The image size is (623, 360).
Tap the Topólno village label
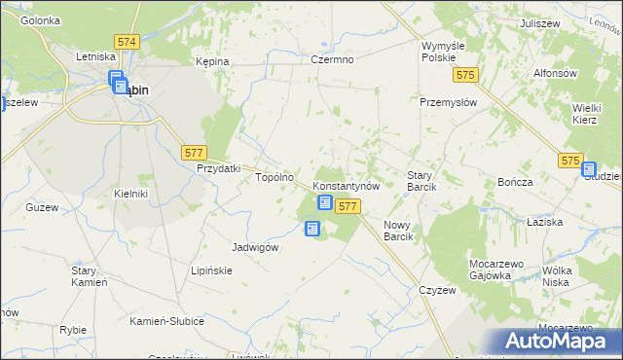[x=274, y=178]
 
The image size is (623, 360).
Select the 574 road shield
[x=127, y=43]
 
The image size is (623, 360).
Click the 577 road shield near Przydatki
[x=194, y=152]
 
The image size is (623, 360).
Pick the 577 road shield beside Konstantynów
[x=348, y=206]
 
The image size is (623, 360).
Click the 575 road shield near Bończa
[x=570, y=160]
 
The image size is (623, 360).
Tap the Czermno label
[x=332, y=59]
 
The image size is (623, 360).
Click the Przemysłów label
[x=448, y=101]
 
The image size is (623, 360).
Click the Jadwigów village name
[x=255, y=247]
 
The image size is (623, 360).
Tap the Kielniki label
[x=130, y=194]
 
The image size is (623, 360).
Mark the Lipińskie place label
[x=211, y=270]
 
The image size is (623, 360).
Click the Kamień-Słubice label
[x=166, y=320]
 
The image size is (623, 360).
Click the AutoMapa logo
[x=559, y=342]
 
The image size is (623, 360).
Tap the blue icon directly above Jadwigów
[x=312, y=229]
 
